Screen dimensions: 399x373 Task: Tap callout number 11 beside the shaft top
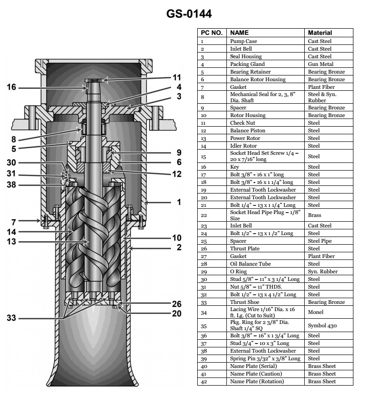pos(177,77)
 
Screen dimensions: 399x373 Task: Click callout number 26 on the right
pos(177,303)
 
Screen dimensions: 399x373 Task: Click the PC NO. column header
pos(211,33)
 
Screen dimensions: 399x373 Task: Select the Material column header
pos(320,33)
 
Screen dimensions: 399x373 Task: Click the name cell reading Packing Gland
pos(247,64)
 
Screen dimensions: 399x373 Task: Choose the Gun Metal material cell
pos(320,64)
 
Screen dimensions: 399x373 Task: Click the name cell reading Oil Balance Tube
pos(250,264)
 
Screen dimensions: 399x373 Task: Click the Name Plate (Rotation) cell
pos(257,381)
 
